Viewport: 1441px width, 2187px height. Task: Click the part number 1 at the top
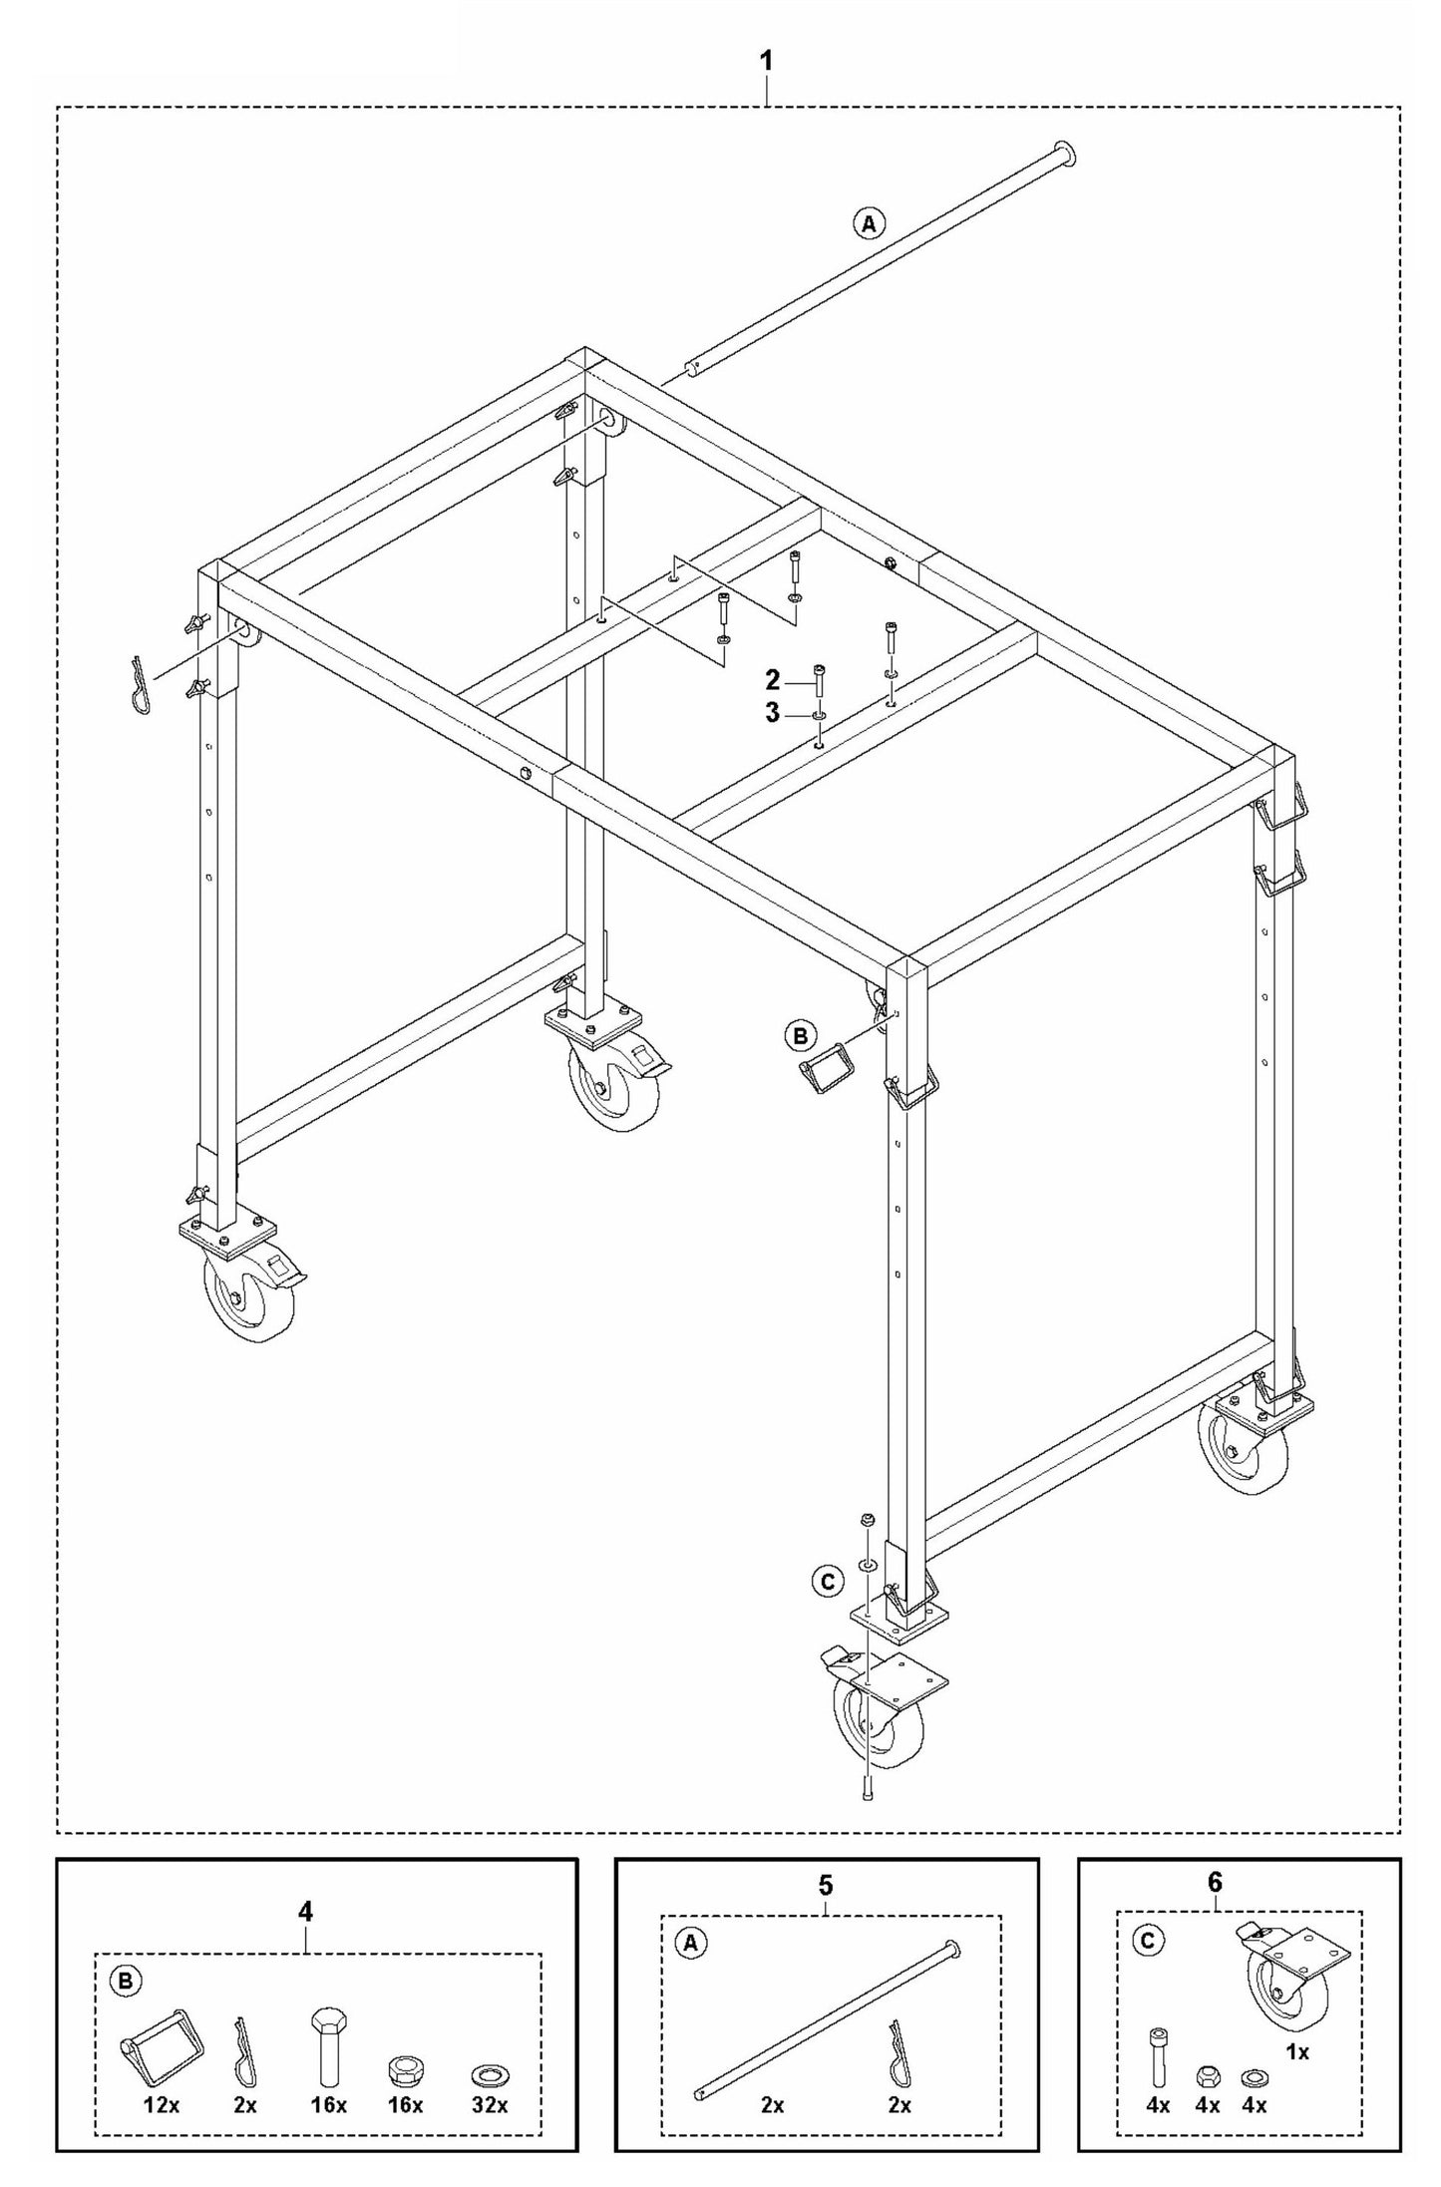[766, 62]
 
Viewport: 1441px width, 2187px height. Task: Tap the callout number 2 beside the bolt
[771, 681]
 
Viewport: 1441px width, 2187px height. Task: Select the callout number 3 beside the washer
[771, 715]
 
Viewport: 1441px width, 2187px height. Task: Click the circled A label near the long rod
[869, 223]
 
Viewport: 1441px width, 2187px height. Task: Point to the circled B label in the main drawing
[799, 1036]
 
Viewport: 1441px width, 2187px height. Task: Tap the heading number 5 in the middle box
[826, 1885]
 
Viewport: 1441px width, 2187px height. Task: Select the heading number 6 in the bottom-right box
[1215, 1882]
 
